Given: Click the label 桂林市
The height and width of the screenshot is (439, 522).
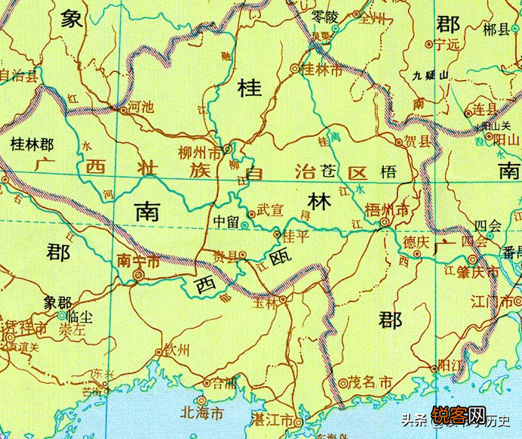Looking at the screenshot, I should click(x=322, y=69).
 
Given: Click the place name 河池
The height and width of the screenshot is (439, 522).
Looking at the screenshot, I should click(x=142, y=107).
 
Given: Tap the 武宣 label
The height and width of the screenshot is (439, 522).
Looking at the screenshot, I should click(x=271, y=209).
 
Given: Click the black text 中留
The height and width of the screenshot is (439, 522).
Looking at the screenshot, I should click(x=227, y=223).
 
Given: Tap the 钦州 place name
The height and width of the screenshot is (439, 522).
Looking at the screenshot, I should click(x=177, y=351).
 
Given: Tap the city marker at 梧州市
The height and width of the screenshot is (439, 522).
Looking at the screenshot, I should click(x=385, y=223).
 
